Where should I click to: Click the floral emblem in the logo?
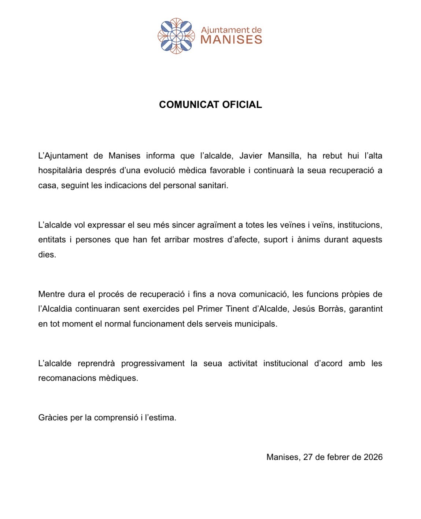(x=176, y=36)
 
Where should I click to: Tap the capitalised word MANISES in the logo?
(x=231, y=40)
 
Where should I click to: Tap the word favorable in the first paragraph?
(x=227, y=170)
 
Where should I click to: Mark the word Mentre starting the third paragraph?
(x=51, y=294)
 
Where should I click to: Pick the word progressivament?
(x=153, y=363)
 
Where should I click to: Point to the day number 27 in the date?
(x=308, y=457)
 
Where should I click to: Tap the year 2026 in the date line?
(x=373, y=457)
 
